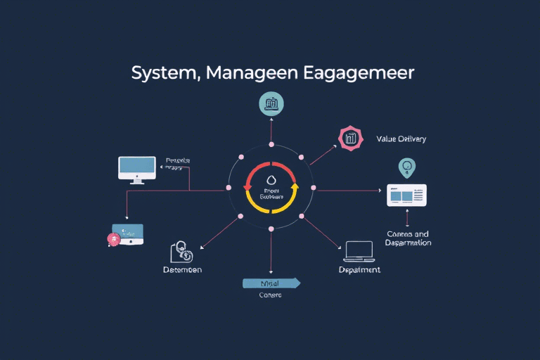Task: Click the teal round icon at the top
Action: (271, 105)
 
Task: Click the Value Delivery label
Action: (401, 139)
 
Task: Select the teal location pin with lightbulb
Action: (406, 167)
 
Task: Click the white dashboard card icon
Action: (407, 195)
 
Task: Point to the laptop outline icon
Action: (359, 250)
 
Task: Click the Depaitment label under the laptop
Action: (359, 270)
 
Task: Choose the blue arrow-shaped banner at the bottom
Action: (271, 283)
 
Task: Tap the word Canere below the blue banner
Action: (270, 295)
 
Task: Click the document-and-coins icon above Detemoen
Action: (181, 252)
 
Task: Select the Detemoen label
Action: (182, 270)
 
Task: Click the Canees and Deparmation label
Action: (408, 238)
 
